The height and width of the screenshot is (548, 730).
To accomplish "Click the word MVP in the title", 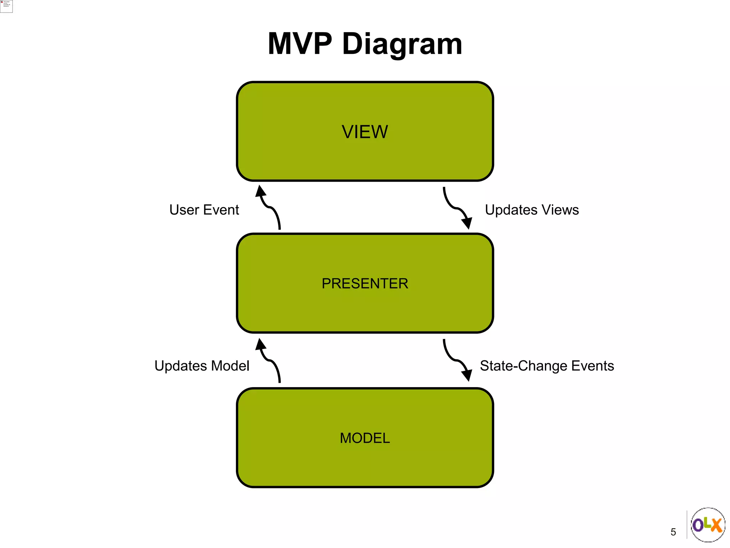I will pos(299,44).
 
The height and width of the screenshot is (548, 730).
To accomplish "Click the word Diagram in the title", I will pos(402,44).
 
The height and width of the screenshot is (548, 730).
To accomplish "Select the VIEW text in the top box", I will pos(365,132).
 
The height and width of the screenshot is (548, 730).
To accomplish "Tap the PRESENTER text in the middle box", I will pos(365,284).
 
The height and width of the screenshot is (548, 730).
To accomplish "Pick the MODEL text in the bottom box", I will pos(365,438).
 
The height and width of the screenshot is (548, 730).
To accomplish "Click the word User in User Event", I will pos(184,210).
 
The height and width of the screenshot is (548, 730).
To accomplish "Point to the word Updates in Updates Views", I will pos(511,210).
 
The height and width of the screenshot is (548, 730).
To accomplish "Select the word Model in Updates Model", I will pos(230,366).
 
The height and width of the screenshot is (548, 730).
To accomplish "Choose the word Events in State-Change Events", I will pos(593,366).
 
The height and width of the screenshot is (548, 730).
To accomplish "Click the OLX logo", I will pos(708,525).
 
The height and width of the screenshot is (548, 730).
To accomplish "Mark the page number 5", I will pos(673,532).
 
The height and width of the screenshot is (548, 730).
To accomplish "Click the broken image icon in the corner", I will pos(6,6).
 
